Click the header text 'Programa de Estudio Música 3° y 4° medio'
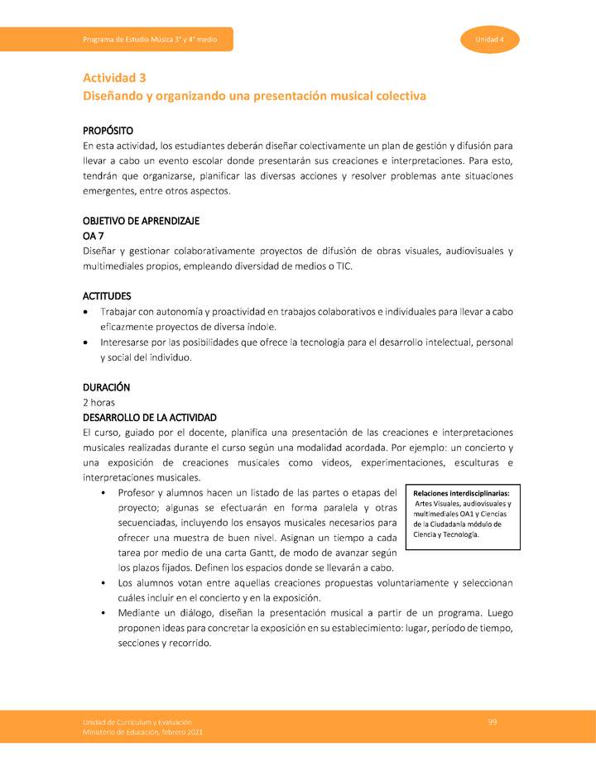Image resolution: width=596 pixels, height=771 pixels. pyautogui.click(x=150, y=41)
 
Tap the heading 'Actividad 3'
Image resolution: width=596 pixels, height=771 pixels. pyautogui.click(x=114, y=78)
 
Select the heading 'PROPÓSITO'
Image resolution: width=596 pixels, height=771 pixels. pyautogui.click(x=108, y=131)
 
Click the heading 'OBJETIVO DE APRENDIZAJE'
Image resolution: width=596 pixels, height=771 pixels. pyautogui.click(x=141, y=221)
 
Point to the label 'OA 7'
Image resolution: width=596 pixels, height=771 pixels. pyautogui.click(x=93, y=236)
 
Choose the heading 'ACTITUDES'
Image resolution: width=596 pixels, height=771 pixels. pyautogui.click(x=107, y=295)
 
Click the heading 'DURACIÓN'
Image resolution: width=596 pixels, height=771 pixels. pyautogui.click(x=107, y=386)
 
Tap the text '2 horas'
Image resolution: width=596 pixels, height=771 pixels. pyautogui.click(x=99, y=402)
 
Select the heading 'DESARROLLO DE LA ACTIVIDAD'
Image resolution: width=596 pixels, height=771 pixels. pyautogui.click(x=150, y=417)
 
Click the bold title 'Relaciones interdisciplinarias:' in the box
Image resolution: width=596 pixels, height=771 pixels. pyautogui.click(x=461, y=494)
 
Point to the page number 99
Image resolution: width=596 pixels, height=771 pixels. pyautogui.click(x=493, y=722)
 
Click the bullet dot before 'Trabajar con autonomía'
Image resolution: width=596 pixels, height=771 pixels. pyautogui.click(x=88, y=312)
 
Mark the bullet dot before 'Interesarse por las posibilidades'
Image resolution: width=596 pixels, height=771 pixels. pyautogui.click(x=88, y=342)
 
